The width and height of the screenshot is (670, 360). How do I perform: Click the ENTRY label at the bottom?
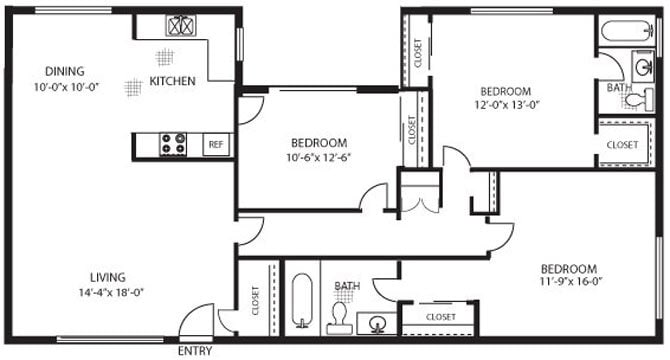pos(196,351)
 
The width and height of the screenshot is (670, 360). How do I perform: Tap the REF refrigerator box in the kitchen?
pos(216,145)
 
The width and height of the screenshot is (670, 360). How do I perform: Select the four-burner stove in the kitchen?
pos(174,145)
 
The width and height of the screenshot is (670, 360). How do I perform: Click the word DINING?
pos(63,71)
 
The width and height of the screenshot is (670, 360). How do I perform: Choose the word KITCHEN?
pos(172,81)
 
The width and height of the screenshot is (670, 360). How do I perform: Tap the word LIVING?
pos(106,277)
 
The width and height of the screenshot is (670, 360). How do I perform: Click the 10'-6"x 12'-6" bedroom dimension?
pos(319,156)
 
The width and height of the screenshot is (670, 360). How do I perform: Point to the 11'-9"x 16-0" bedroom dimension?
pos(568,283)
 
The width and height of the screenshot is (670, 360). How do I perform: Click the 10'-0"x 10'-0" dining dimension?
pos(63,86)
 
